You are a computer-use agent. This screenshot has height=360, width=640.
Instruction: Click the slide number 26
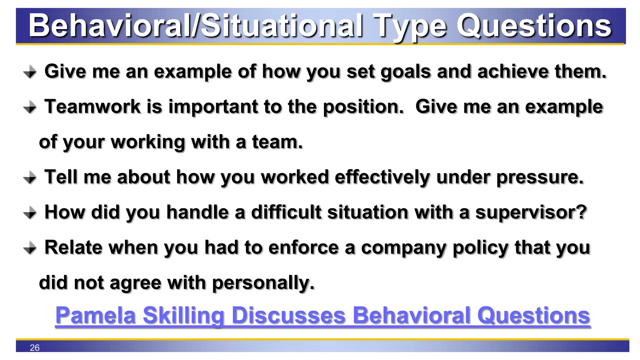(35, 347)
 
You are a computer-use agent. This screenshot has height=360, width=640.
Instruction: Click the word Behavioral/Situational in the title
(196, 26)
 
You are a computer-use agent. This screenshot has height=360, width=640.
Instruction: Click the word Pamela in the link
(96, 315)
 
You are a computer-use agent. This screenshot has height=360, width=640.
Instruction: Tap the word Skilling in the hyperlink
(184, 315)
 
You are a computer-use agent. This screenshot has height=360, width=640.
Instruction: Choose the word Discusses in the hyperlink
(289, 315)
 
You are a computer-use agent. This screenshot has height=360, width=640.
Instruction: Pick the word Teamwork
(92, 107)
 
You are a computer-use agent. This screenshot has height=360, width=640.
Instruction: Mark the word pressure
(540, 177)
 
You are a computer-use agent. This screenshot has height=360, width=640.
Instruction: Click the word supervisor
(531, 213)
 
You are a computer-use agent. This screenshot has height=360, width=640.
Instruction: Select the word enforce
(303, 248)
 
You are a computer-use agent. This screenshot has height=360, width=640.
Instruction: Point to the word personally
(263, 283)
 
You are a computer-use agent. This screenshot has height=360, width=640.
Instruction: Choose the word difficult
(286, 212)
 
